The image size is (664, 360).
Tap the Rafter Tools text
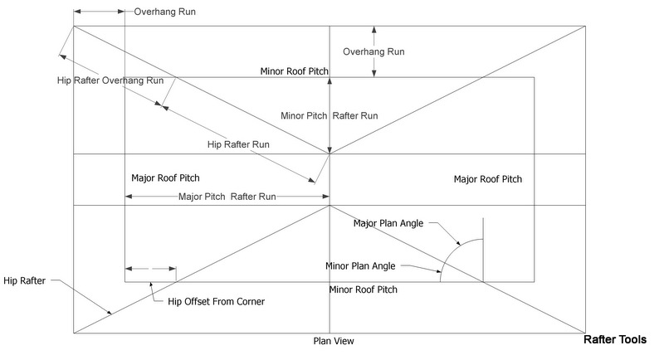pos(621,339)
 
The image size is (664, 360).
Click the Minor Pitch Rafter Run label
pos(330,115)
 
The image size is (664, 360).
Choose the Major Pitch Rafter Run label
pos(227,197)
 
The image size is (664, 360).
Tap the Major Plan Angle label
pos(389,222)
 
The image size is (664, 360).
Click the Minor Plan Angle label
pos(360,266)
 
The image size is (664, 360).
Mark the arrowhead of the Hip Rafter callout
pos(110,314)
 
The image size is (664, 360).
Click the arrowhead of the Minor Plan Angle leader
pos(441,271)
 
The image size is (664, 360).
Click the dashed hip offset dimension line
pos(150,268)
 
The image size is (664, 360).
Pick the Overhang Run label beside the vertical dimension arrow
pos(373,51)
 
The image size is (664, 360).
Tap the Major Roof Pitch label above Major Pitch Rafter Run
pos(165,178)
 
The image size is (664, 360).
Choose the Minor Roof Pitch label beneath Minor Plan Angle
pos(364,289)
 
